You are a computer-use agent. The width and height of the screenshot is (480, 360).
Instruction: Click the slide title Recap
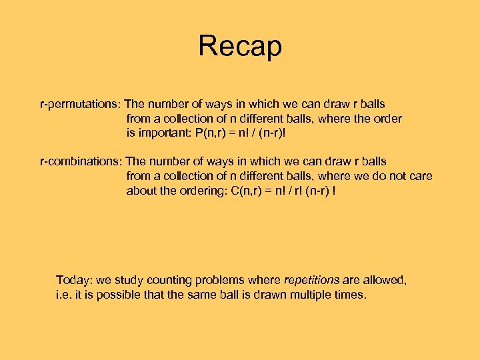click(x=240, y=46)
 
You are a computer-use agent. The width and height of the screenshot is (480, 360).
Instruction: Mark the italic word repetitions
click(x=312, y=280)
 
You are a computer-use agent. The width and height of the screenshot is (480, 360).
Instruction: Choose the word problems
click(x=217, y=280)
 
